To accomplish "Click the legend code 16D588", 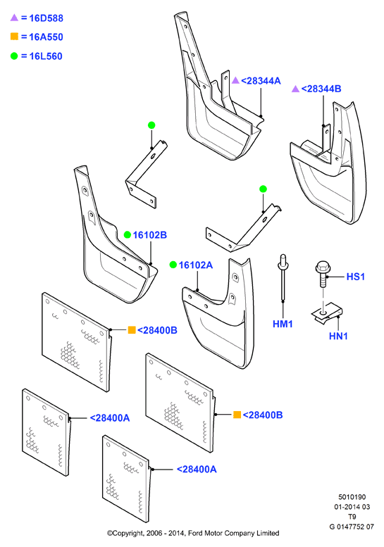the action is pos(46,18).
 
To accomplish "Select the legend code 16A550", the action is pos(46,37).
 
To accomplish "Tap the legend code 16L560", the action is pos(46,56).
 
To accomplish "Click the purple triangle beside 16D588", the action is pos(14,17).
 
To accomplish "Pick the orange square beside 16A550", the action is pos(14,37).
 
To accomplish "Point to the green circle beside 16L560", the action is pos(14,56).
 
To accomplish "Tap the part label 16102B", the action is pos(150,235).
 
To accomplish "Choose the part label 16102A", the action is pos(195,265).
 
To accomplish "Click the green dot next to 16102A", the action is pos(173,265).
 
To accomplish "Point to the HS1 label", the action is pos(355,277).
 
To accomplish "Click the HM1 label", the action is pos(283,324).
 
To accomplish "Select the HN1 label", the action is pos(338,337).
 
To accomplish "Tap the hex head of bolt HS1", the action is pos(323,268).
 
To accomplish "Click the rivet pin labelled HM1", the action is pos(283,278).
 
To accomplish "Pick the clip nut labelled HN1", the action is pos(327,315).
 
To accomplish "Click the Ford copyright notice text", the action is pos(193,533).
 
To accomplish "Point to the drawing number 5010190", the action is pos(352,497).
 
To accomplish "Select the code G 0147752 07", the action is pos(352,527).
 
